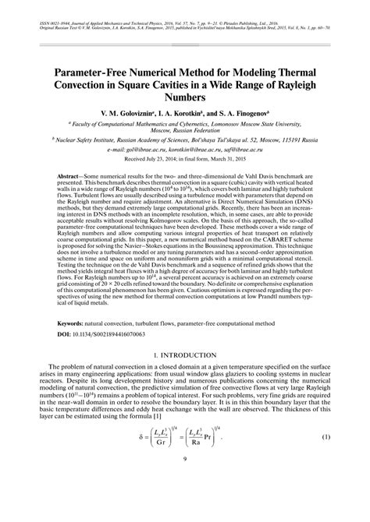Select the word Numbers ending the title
pyautogui.click(x=186, y=99)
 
